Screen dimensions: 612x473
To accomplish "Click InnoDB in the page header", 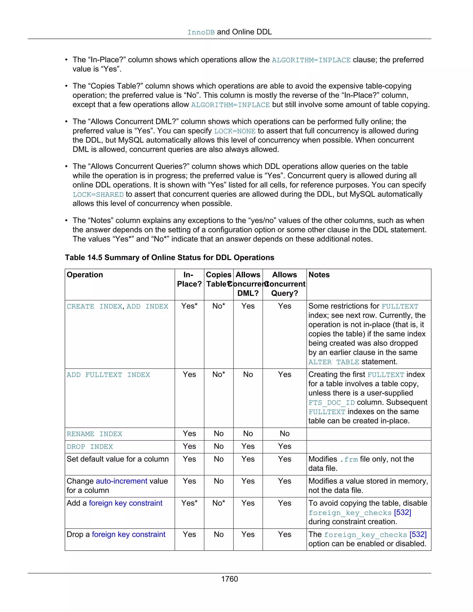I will click(201, 33).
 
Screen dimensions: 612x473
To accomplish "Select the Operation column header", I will click(85, 275).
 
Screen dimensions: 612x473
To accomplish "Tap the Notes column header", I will click(319, 275).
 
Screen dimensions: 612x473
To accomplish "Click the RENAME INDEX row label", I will click(94, 434).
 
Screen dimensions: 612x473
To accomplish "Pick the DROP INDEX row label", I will click(90, 447).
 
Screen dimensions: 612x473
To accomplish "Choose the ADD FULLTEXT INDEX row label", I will click(108, 375).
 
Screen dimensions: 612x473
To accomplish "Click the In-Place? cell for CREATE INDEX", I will click(189, 306).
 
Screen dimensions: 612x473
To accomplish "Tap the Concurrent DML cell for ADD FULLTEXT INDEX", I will click(248, 374).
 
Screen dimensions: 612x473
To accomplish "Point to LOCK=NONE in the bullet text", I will click(235, 131).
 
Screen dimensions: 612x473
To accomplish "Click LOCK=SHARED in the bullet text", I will click(98, 194).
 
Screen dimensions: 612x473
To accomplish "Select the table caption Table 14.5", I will click(169, 258).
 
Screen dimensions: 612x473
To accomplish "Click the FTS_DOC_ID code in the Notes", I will click(331, 403).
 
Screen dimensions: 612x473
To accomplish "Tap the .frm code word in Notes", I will click(349, 460).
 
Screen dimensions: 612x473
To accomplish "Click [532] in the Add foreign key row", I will click(402, 512).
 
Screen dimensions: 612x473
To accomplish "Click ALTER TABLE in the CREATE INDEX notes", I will click(334, 362).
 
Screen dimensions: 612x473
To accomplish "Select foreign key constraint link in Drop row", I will click(128, 534).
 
